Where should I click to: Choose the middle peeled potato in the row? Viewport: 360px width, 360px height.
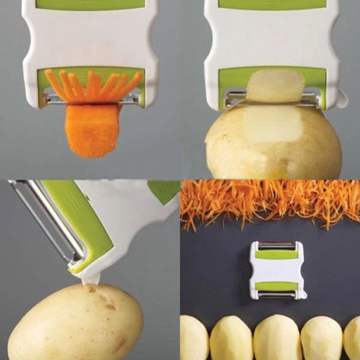[x=277, y=339]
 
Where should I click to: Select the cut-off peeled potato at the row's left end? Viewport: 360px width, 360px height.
[x=194, y=340]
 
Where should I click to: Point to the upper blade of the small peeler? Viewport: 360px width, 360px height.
[x=276, y=245]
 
